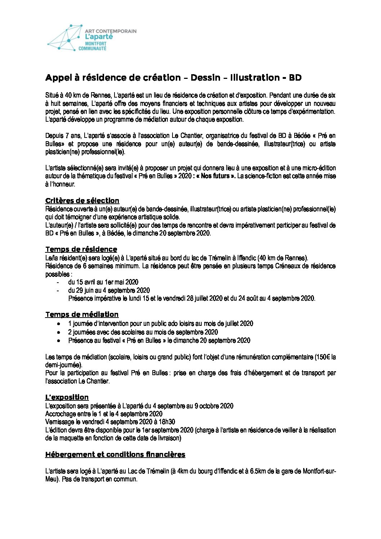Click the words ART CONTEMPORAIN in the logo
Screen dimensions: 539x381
point(111,31)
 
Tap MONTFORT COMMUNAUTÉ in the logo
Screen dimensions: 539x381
point(93,46)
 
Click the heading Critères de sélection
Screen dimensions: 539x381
point(82,201)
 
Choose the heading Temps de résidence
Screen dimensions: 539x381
point(81,249)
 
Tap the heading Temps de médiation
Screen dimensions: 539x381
point(82,314)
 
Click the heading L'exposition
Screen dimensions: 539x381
point(67,397)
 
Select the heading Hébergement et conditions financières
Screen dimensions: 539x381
point(115,454)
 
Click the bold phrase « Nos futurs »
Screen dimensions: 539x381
point(218,176)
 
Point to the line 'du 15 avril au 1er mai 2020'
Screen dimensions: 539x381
point(103,282)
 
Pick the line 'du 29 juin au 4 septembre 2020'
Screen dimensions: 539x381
point(109,290)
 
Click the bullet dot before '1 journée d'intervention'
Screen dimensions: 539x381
point(58,324)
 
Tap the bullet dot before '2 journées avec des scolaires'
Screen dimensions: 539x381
point(58,332)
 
